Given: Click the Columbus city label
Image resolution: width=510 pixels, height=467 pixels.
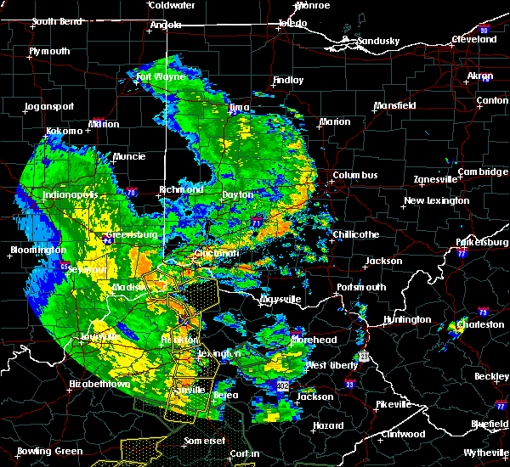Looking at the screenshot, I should tap(356, 175).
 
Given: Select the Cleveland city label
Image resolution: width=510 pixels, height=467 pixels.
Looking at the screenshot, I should tap(474, 39).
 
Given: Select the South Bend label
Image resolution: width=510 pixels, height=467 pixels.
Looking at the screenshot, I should tap(57, 22).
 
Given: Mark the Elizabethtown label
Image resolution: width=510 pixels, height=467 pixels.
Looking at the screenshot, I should tap(100, 384).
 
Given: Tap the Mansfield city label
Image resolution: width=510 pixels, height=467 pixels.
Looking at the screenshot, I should tap(395, 106).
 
